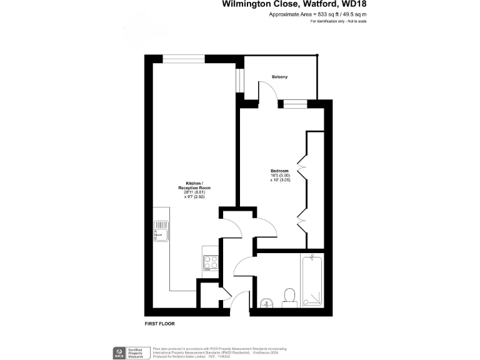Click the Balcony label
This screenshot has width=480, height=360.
[279, 77]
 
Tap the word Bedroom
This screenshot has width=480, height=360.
[279, 171]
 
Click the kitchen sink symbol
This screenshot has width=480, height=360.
[160, 231]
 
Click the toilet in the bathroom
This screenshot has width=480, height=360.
[289, 296]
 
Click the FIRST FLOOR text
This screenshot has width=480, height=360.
[159, 324]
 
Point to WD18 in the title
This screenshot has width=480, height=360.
[351, 4]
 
